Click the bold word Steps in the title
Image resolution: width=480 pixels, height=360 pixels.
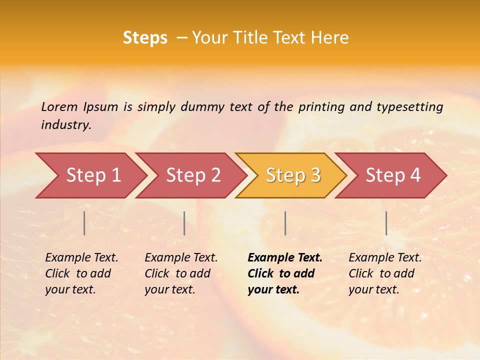click(145, 38)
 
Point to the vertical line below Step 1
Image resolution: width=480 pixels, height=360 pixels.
click(84, 223)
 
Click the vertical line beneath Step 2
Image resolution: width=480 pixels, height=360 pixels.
click(184, 223)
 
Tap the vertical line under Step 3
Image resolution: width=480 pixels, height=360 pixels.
click(285, 223)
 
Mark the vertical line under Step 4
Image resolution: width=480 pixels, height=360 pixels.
click(386, 223)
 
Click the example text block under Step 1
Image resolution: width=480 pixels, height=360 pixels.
click(81, 273)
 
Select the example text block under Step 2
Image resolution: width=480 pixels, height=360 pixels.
click(181, 273)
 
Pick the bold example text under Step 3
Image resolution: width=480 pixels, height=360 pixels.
click(284, 273)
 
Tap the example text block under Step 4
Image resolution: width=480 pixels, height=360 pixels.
click(385, 273)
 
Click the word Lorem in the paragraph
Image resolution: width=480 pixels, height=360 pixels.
click(59, 106)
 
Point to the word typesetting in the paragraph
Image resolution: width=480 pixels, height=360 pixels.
click(409, 106)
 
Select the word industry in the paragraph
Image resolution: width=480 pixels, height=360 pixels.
click(65, 125)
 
